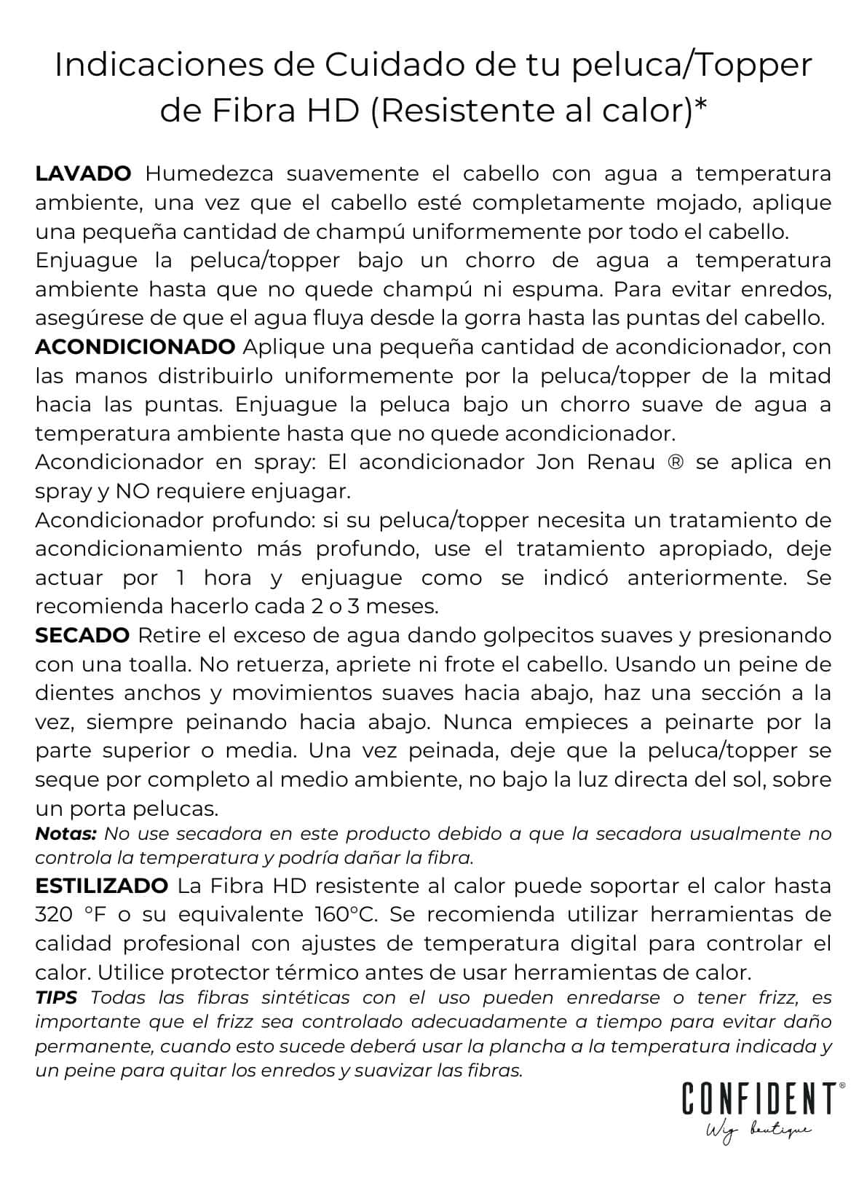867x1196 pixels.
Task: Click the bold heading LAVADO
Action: click(x=83, y=174)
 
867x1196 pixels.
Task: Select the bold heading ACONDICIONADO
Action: click(x=135, y=347)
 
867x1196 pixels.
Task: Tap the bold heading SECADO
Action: click(x=82, y=635)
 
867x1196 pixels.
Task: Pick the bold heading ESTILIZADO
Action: click(x=102, y=886)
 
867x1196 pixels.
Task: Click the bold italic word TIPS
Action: click(x=57, y=998)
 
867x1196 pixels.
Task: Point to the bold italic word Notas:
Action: click(x=66, y=833)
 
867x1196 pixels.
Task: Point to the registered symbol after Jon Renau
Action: click(x=675, y=463)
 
